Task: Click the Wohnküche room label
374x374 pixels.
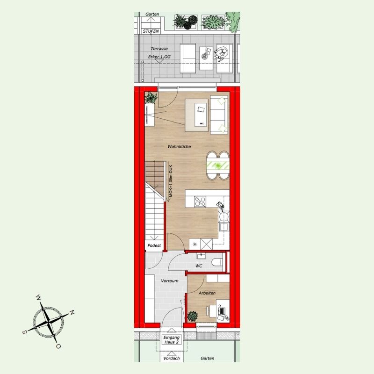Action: click(179, 146)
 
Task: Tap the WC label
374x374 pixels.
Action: click(199, 266)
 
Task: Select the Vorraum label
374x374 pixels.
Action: click(170, 281)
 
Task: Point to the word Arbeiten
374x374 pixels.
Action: click(207, 293)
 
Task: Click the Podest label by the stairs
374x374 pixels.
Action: click(154, 245)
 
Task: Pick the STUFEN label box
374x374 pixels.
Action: click(151, 31)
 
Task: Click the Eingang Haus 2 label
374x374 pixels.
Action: click(172, 340)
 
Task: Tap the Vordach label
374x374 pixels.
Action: click(172, 358)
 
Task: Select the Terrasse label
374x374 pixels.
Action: click(159, 49)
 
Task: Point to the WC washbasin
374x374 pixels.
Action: click(202, 256)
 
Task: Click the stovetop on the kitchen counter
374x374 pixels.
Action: click(200, 201)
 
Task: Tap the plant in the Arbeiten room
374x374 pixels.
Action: click(192, 316)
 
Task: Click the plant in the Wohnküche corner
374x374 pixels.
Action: click(151, 98)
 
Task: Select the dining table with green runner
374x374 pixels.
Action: click(218, 165)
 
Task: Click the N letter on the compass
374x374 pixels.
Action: click(72, 312)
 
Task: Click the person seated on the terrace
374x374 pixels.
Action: click(221, 53)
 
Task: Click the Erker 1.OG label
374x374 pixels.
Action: click(159, 57)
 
